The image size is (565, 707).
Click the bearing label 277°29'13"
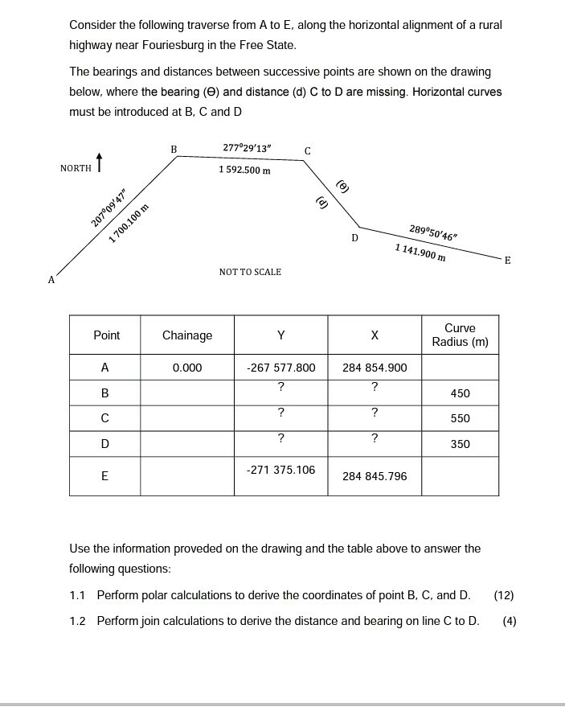point(247,148)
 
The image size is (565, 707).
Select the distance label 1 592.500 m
point(244,170)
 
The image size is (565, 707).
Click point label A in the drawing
point(51,280)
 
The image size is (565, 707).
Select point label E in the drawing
point(507,260)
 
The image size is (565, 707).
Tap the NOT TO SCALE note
point(250,272)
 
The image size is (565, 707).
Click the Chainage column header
point(187,335)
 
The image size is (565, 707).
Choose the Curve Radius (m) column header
point(460,335)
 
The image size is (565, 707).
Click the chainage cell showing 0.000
point(187,368)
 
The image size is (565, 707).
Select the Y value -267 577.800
point(280,368)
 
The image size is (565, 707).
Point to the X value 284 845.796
point(375,476)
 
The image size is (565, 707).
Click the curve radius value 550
point(461,418)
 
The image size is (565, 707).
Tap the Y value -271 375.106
point(280,470)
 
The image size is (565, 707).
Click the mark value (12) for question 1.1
point(504,595)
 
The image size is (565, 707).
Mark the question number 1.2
point(77,620)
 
